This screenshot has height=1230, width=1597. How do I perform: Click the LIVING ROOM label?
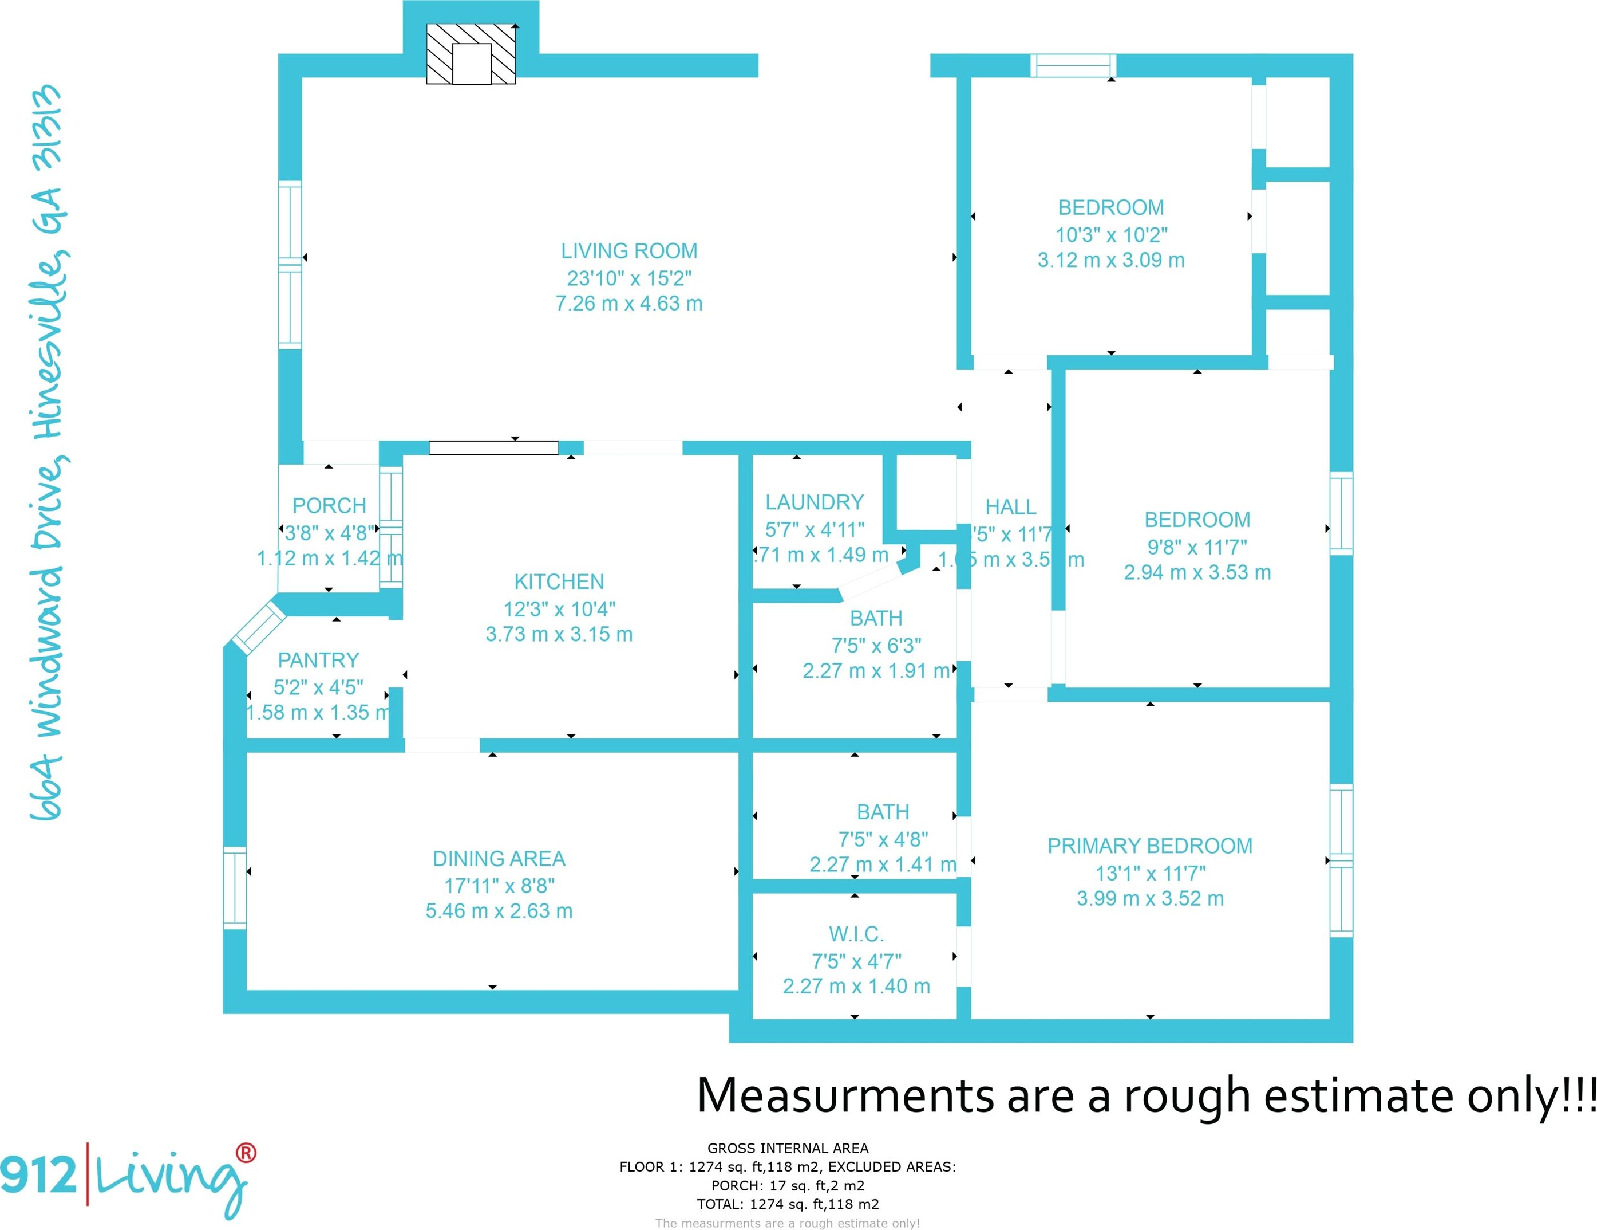(629, 251)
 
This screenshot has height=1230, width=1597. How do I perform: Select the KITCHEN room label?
(559, 581)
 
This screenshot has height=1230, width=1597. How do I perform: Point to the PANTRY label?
(318, 660)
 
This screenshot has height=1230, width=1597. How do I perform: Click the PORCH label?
(329, 506)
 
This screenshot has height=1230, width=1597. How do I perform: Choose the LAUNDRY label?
(815, 502)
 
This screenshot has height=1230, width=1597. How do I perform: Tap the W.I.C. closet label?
(856, 934)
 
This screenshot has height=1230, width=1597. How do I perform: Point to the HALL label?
(1010, 507)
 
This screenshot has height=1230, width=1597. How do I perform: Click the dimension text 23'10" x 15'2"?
(629, 278)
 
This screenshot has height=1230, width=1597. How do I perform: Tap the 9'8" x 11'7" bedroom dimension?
(1197, 547)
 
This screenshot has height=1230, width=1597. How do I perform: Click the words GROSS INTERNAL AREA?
(788, 1148)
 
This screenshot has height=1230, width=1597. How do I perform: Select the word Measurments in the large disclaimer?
(844, 1096)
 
